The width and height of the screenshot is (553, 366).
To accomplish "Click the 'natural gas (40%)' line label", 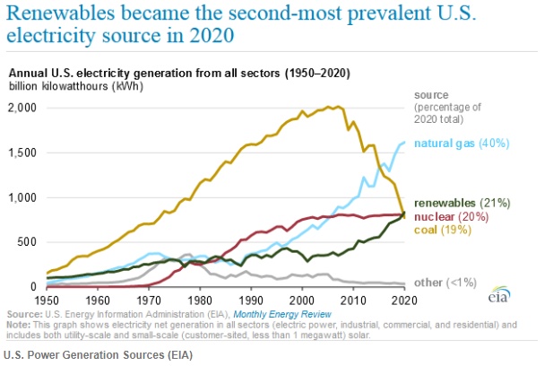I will [x=457, y=144].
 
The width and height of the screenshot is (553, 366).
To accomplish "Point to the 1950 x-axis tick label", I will [x=46, y=299].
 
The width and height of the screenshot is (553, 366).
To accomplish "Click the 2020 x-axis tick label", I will [x=404, y=299].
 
